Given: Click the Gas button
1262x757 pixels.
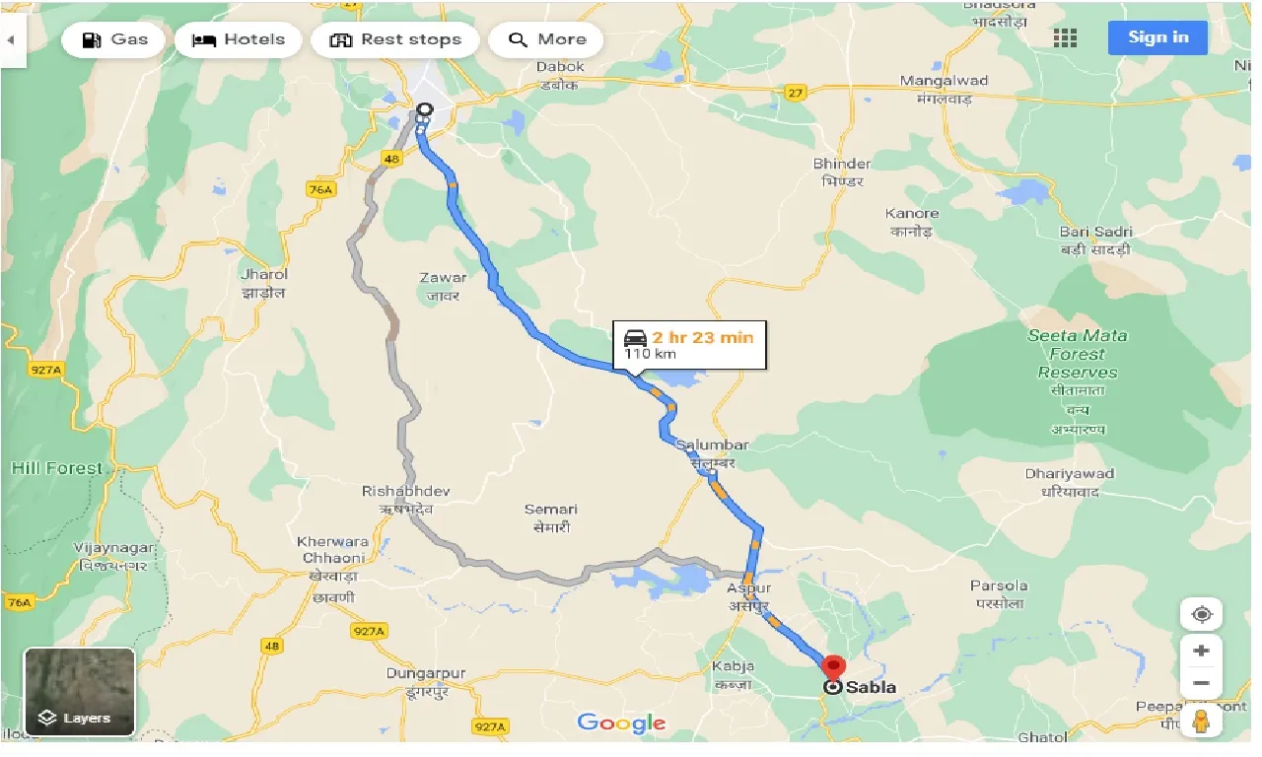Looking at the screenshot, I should click(113, 40).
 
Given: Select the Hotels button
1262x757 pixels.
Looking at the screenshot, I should click(238, 40).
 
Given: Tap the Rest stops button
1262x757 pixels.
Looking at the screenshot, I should click(394, 40).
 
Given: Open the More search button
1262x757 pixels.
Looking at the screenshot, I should click(546, 40).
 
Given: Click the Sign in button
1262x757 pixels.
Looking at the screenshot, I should click(1157, 37).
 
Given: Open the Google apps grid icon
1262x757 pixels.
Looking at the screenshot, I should click(1065, 38).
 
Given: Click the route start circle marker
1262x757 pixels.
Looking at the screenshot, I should click(424, 110).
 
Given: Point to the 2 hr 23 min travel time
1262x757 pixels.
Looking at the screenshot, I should click(702, 337).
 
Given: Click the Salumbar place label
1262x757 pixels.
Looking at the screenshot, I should click(712, 446).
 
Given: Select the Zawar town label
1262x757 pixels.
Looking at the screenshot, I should click(443, 278).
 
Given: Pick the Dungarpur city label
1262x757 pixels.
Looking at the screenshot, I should click(426, 674).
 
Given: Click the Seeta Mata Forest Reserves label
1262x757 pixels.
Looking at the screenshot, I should click(1077, 354).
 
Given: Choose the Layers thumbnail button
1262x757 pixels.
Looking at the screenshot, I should click(79, 692).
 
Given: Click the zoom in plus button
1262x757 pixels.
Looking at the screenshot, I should click(1201, 652).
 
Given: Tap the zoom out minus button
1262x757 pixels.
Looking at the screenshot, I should click(1201, 683).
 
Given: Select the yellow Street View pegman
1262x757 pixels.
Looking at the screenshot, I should click(1201, 721).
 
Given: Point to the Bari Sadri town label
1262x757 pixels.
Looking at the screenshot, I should click(1095, 232).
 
